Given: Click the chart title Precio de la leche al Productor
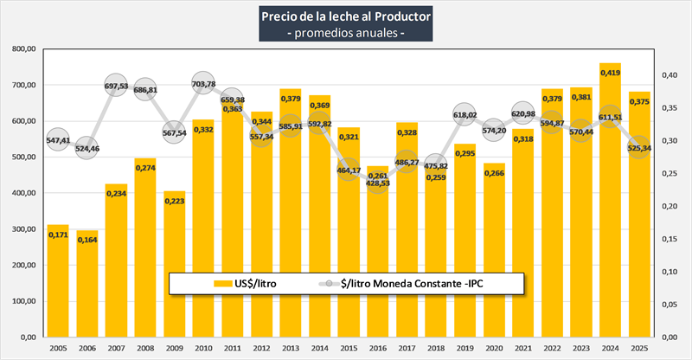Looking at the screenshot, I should pyautogui.click(x=345, y=16).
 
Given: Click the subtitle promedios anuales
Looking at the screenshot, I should pyautogui.click(x=345, y=33).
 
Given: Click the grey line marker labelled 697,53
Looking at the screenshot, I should pyautogui.click(x=116, y=87).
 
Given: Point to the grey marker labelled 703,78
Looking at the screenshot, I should pyautogui.click(x=203, y=84).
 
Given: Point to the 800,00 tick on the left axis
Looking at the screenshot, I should pyautogui.click(x=21, y=49).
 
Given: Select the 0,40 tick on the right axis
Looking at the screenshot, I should pyautogui.click(x=670, y=75).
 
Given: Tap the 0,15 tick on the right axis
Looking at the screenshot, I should pyautogui.click(x=670, y=239).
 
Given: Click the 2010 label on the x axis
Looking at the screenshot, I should pyautogui.click(x=203, y=348).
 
